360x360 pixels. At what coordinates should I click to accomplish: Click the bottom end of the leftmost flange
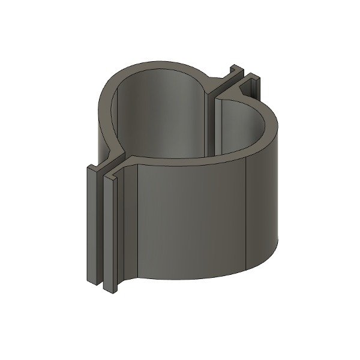click(x=93, y=280)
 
